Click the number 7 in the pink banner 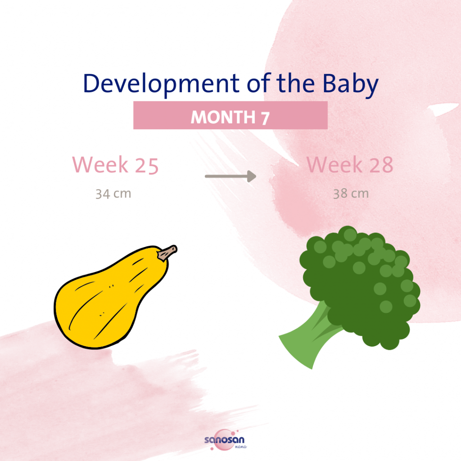[x=265, y=117]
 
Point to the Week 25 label [x=116, y=165]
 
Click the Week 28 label [x=350, y=165]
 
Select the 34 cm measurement [x=113, y=194]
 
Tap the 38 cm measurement [x=351, y=194]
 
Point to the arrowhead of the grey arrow [x=252, y=176]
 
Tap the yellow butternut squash [x=108, y=302]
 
